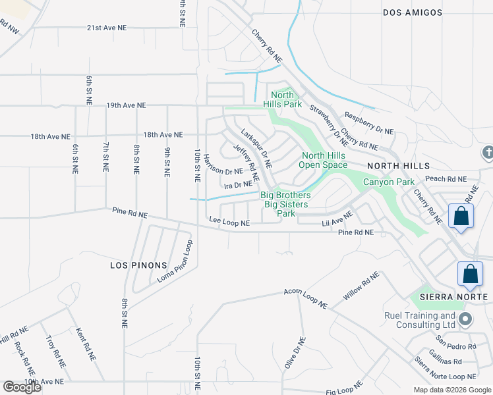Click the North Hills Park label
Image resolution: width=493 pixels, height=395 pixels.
[x=283, y=99]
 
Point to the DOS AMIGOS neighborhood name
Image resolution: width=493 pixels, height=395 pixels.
[x=411, y=13]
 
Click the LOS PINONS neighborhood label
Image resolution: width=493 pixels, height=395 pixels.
[x=138, y=265]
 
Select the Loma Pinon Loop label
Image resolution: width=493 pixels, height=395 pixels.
[x=174, y=262]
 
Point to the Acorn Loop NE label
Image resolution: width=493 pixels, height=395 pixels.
[x=305, y=298]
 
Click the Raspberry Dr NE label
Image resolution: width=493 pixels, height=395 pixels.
[x=368, y=122]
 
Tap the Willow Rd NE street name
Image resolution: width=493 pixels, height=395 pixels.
[x=361, y=287]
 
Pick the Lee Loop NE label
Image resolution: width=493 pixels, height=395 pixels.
[x=229, y=223]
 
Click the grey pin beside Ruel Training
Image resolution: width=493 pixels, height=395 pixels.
[x=466, y=320]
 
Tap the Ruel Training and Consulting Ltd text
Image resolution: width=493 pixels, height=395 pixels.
[x=420, y=320]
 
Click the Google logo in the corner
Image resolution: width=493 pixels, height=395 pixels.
[x=22, y=387]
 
